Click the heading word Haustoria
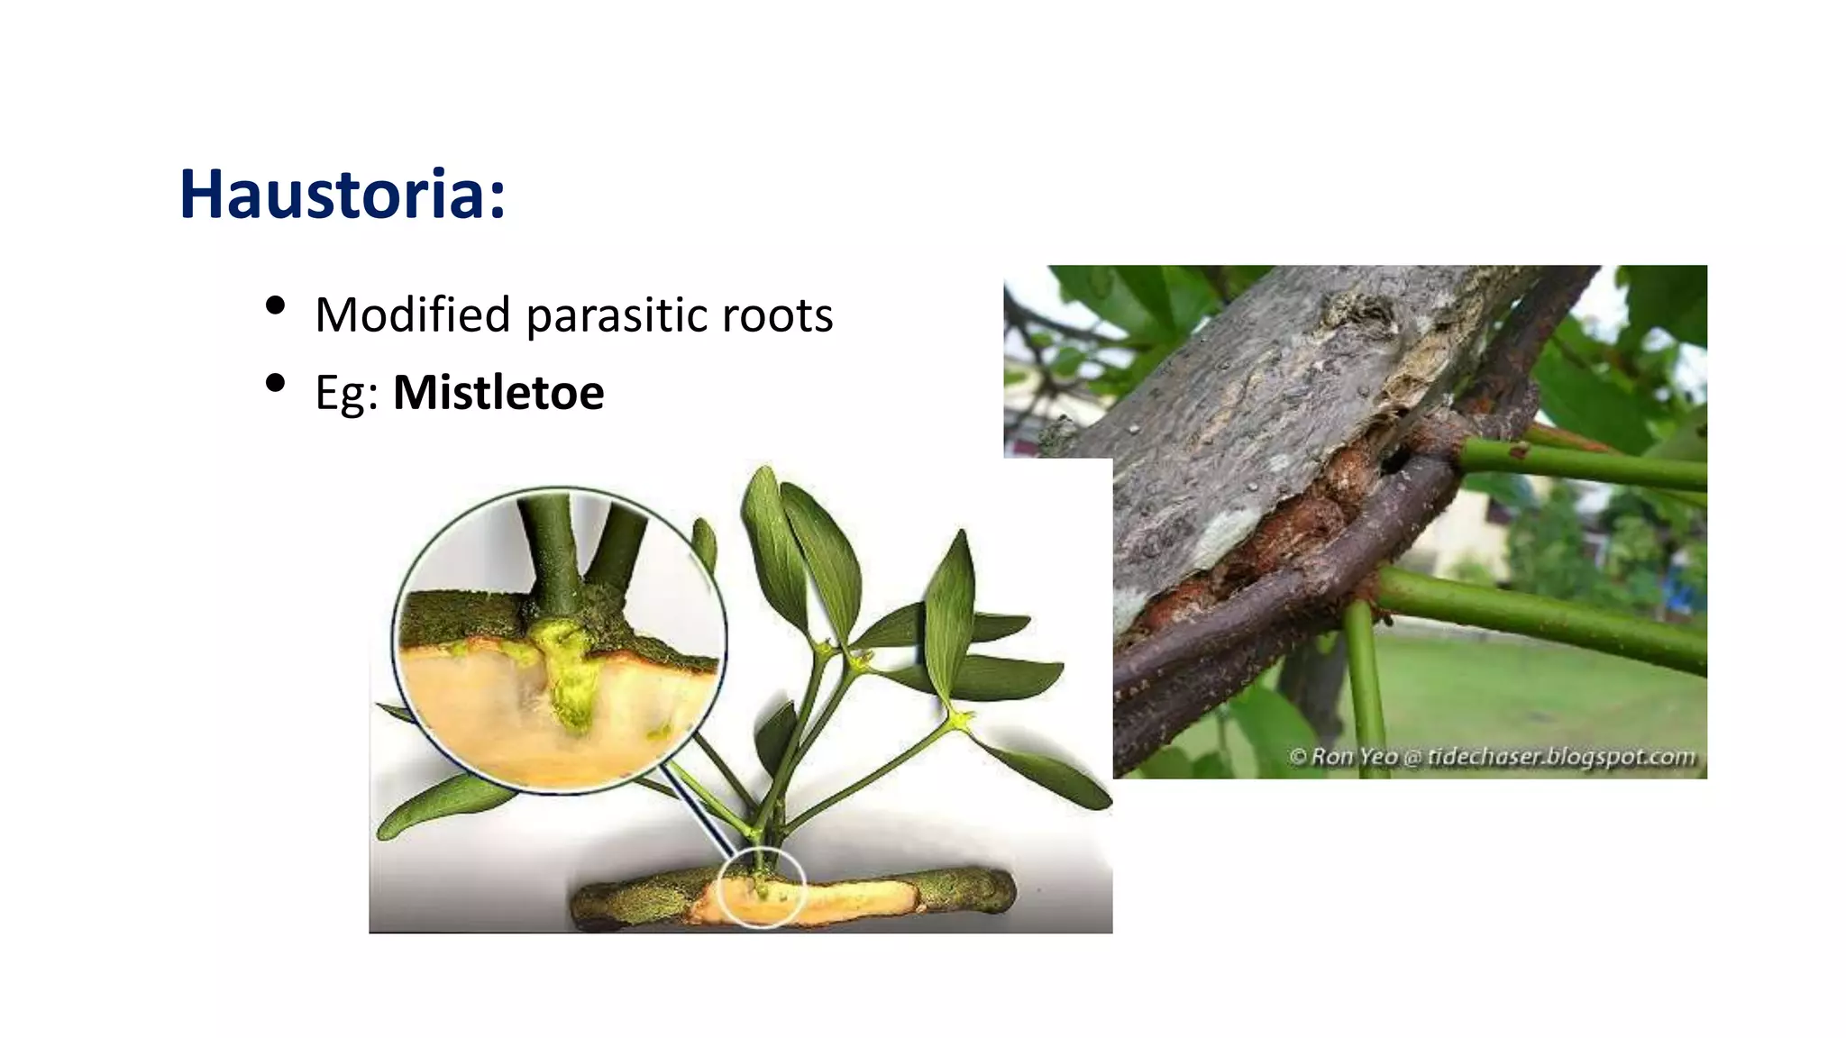[x=334, y=194]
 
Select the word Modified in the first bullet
[x=413, y=315]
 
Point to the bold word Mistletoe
[x=498, y=393]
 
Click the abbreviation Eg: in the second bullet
[x=346, y=394]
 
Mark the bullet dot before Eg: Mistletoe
[x=276, y=383]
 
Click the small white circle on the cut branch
[x=762, y=888]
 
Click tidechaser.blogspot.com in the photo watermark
[x=1561, y=756]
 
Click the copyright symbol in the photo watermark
[x=1298, y=756]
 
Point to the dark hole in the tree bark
[x=1394, y=460]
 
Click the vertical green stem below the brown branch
[x=1363, y=685]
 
